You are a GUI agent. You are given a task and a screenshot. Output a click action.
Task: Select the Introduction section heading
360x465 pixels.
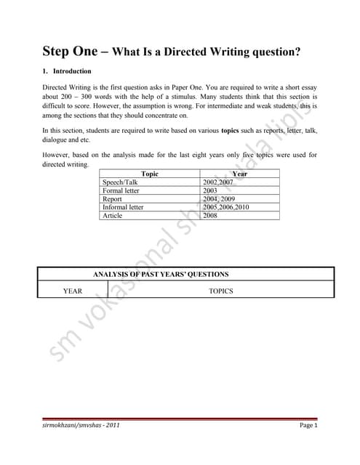coord(72,71)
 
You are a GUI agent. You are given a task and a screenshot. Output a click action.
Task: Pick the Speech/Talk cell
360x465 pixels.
coord(121,182)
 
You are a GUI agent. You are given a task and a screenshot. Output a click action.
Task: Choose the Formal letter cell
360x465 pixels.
coord(124,190)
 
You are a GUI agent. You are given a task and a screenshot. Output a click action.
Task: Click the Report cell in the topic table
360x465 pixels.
coord(113,198)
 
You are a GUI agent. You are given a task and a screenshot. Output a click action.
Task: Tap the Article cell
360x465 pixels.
coord(113,215)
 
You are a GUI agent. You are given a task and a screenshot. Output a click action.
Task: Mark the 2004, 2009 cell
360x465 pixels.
coord(218,198)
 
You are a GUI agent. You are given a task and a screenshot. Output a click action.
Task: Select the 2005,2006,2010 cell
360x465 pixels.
coord(225,207)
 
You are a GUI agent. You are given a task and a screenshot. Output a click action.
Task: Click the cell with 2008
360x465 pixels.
coord(210,215)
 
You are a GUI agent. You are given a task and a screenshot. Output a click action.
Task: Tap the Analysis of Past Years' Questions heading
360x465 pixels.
coord(161,275)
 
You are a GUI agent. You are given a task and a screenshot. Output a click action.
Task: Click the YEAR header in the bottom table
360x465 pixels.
coord(73,291)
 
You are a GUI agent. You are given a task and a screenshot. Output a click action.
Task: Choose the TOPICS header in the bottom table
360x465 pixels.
coord(220,291)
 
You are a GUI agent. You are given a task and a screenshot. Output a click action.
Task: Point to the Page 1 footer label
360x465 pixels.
coord(309,425)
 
